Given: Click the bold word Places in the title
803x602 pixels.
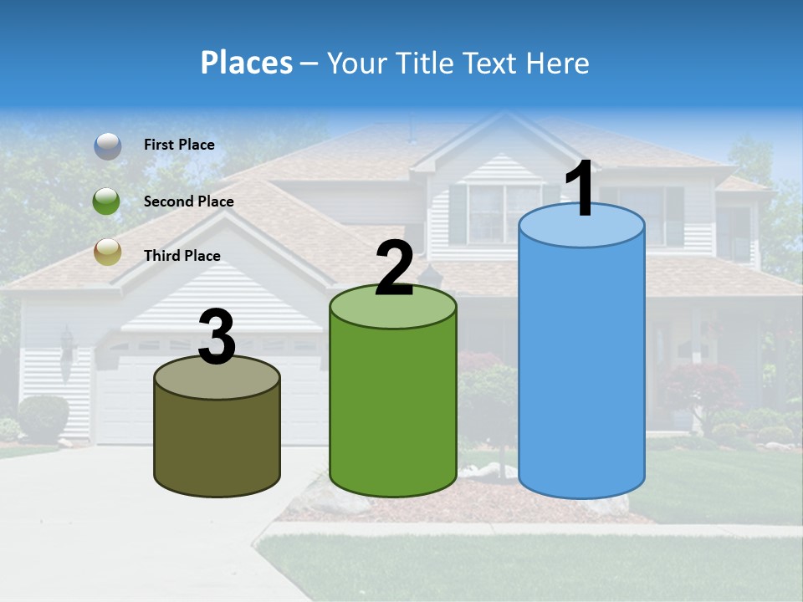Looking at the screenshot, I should click(246, 63).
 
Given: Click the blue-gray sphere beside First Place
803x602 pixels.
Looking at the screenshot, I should click(107, 145).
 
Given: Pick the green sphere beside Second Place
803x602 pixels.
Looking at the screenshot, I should click(107, 202).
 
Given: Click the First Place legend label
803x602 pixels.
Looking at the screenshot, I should click(179, 145).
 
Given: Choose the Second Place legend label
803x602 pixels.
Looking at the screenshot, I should click(188, 202).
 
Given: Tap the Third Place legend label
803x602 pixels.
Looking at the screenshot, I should click(182, 256).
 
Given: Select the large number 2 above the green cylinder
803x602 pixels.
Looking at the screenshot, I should click(394, 268).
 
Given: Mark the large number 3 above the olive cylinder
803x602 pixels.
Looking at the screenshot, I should click(217, 338).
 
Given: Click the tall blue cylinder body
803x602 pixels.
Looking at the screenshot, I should click(581, 368).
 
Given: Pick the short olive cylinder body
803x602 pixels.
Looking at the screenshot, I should click(217, 443).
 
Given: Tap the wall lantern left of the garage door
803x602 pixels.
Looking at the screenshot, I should click(67, 343).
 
